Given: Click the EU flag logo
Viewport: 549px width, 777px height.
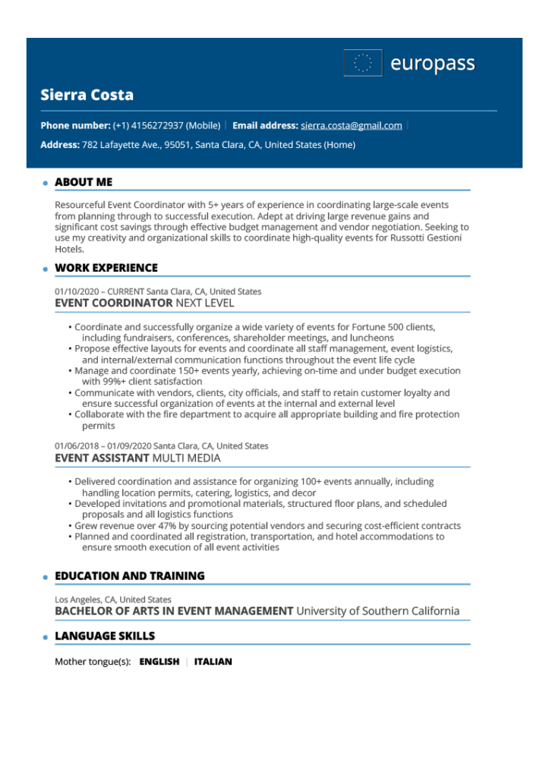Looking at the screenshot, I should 363,63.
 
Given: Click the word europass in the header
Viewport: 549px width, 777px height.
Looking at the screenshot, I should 432,64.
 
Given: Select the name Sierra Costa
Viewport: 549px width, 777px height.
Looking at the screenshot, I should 87,95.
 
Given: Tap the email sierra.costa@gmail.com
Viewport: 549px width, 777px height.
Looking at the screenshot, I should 352,125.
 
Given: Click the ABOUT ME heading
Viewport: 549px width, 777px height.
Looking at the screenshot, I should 84,182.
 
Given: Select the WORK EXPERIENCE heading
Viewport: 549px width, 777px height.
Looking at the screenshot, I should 106,268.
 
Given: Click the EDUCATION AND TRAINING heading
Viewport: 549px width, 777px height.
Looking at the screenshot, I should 130,576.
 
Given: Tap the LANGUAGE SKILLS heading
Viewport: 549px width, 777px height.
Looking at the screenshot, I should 105,636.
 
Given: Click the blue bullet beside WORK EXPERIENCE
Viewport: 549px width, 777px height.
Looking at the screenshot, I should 46,269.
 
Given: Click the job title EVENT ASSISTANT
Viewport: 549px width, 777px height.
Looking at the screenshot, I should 102,458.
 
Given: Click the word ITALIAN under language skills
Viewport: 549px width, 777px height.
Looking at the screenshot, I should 213,662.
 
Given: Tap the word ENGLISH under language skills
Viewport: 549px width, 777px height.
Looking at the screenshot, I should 159,662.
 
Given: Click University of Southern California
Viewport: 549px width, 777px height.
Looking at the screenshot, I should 377,611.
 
